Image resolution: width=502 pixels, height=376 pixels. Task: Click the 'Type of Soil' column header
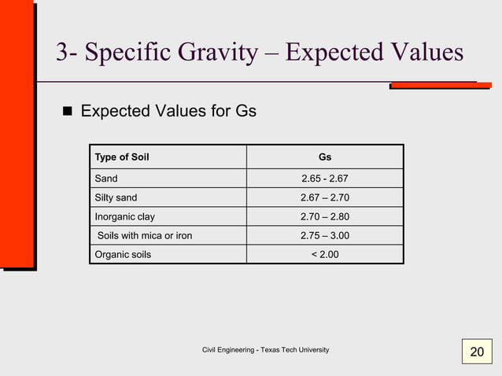click(122, 157)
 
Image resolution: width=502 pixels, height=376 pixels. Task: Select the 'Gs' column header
click(324, 157)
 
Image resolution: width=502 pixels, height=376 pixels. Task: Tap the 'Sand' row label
click(106, 179)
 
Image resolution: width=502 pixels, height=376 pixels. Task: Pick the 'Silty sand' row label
click(116, 197)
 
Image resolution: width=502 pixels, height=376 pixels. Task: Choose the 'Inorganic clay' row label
click(125, 216)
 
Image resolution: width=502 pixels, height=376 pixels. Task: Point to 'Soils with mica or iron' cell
click(144, 235)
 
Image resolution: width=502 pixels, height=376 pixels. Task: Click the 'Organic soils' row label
click(123, 254)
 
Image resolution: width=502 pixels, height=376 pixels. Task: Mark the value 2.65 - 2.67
click(324, 179)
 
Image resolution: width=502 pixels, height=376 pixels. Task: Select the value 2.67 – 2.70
click(324, 197)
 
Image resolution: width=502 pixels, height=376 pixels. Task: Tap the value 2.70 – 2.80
click(324, 216)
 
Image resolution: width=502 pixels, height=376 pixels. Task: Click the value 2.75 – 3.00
click(324, 235)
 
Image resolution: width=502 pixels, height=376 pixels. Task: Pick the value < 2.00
click(324, 254)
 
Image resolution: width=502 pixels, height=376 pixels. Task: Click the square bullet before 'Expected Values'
click(67, 112)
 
